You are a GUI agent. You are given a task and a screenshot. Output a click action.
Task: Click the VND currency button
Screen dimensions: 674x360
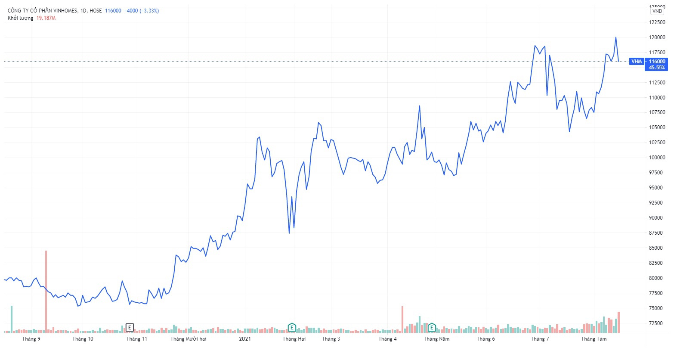point(657,11)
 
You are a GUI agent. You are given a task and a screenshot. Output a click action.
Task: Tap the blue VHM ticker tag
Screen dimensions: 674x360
point(637,62)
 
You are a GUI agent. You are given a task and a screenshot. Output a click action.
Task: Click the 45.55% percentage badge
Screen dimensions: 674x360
point(656,68)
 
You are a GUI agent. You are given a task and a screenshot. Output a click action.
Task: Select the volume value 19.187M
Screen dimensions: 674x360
point(46,18)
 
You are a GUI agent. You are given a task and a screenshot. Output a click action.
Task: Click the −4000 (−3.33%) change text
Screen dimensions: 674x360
point(142,11)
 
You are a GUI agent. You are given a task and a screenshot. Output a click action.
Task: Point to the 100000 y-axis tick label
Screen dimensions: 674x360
point(657,158)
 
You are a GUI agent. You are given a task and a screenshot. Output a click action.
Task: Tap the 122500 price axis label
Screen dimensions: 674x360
point(657,22)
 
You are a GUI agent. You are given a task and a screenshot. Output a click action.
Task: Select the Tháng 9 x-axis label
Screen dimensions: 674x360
point(31,339)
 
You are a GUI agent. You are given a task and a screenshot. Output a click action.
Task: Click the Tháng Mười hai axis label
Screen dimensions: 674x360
point(189,339)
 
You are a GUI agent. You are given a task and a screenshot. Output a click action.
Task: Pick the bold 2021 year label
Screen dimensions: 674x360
point(245,339)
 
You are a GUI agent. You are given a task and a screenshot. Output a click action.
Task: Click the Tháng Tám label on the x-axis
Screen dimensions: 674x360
point(594,339)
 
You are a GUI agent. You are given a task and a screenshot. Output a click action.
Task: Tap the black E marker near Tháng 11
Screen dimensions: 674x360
point(130,328)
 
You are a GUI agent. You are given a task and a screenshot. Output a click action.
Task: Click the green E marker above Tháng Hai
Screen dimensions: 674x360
point(292,328)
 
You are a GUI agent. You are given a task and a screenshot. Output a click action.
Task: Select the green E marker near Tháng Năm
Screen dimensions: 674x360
point(432,328)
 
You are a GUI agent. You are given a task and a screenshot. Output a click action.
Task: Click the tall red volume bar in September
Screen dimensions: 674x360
point(46,292)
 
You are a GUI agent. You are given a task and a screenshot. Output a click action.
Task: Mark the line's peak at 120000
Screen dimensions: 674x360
point(616,37)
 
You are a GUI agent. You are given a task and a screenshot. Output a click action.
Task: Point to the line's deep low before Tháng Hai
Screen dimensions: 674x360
point(289,233)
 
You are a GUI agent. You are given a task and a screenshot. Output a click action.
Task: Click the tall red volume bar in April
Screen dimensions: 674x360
point(402,320)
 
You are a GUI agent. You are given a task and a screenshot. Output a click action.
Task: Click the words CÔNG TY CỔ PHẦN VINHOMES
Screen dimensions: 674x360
point(43,11)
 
